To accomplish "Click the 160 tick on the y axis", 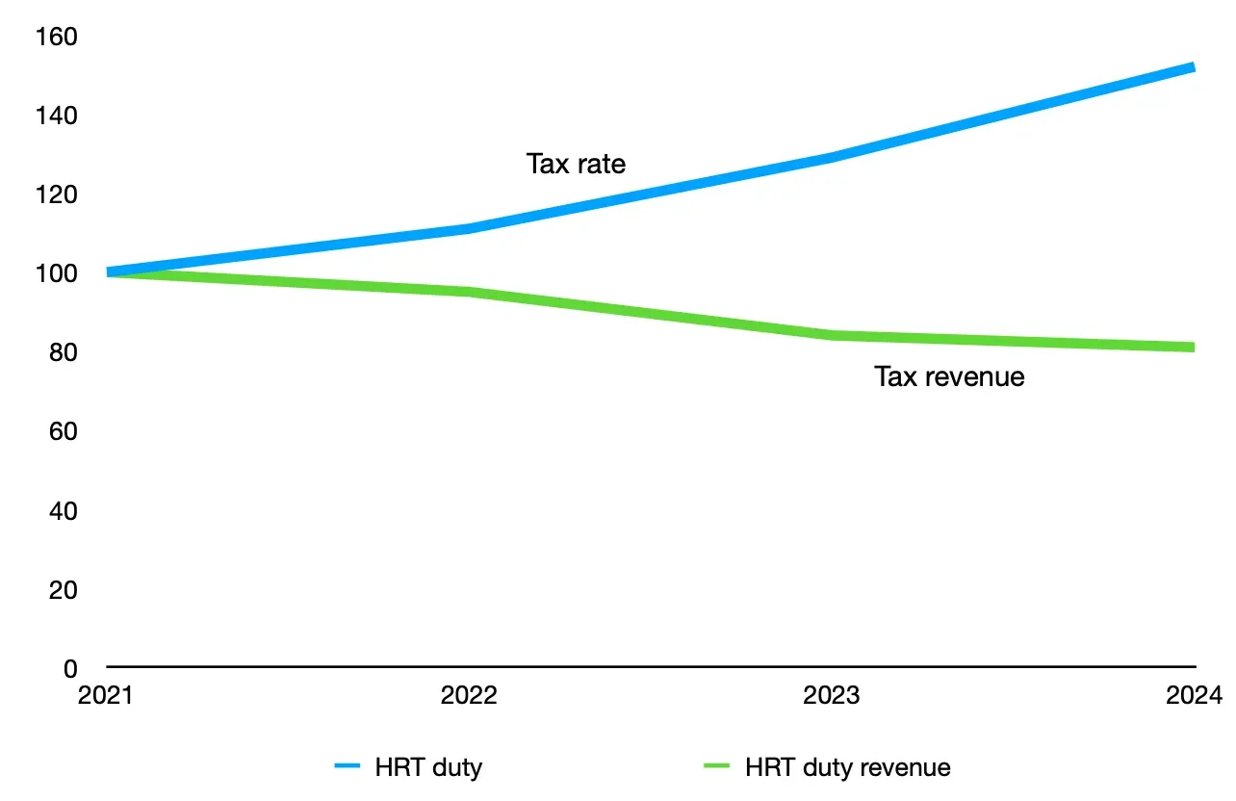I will [56, 37].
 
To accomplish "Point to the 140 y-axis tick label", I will [56, 116].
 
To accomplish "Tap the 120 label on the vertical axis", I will [56, 194].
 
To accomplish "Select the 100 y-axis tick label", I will [56, 273].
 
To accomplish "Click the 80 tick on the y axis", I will [62, 352].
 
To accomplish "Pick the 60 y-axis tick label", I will [62, 431].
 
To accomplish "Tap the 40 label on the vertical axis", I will [62, 510].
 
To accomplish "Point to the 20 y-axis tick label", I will [62, 589].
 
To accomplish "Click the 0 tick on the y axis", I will [69, 667].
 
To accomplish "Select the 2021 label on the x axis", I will [106, 695].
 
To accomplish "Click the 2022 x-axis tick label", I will [469, 695].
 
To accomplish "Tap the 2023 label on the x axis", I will [832, 695].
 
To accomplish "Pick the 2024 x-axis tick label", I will [1193, 695].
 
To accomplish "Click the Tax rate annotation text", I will [576, 164].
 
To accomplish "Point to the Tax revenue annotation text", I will [949, 375].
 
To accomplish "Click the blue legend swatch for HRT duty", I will [347, 767].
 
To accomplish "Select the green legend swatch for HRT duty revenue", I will [717, 767].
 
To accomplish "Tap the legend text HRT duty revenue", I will [848, 767].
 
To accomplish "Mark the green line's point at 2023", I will [832, 335].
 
